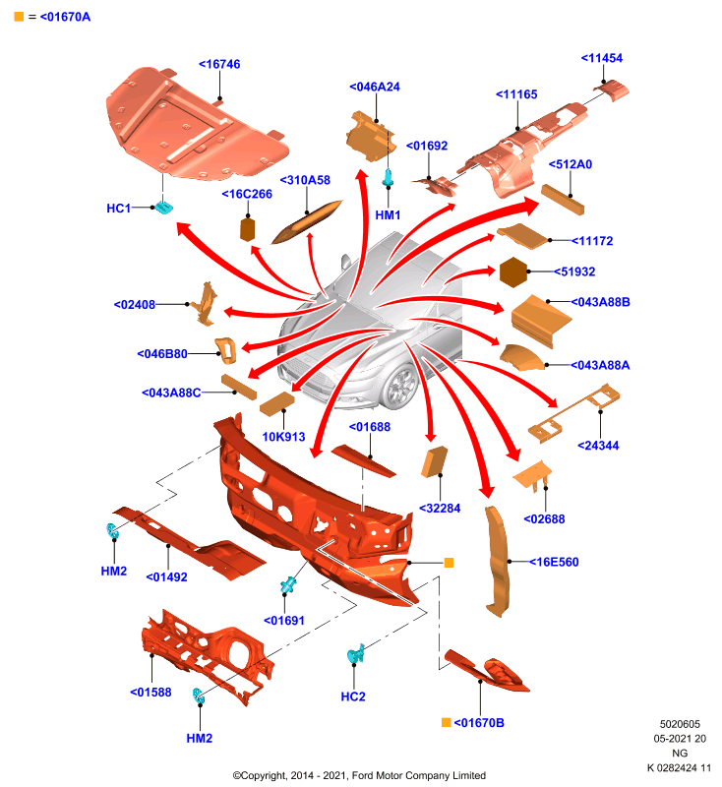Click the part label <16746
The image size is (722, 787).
219,64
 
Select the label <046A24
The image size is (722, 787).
375,87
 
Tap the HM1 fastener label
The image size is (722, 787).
388,215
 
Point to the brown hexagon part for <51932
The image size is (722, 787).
513,272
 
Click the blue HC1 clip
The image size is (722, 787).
163,207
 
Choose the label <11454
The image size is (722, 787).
602,58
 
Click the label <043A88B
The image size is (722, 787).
601,302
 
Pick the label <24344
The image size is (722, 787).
598,446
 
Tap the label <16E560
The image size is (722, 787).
554,562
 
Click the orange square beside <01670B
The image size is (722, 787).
446,722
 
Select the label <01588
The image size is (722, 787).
150,693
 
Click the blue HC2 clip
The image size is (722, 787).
355,653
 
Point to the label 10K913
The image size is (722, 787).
283,437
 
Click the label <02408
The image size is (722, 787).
135,305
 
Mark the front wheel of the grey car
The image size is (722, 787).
400,387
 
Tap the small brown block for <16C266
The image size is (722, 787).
248,229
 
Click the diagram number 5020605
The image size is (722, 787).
680,724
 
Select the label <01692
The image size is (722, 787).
427,146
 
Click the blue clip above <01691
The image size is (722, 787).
288,584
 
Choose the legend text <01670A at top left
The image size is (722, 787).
65,17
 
